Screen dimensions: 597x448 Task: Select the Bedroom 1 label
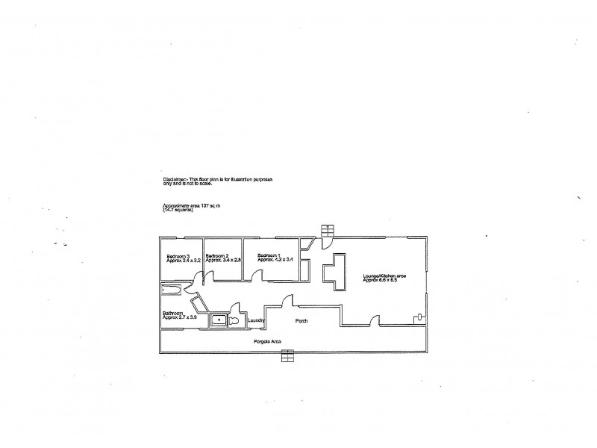click(270, 255)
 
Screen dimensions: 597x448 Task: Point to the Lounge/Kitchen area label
click(384, 276)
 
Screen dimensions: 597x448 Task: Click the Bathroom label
click(175, 314)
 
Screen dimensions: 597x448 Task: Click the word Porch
click(301, 321)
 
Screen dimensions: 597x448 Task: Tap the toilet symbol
click(234, 320)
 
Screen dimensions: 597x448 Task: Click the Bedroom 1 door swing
click(256, 276)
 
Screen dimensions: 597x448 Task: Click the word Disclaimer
click(175, 180)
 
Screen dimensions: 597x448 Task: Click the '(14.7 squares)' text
click(178, 210)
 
